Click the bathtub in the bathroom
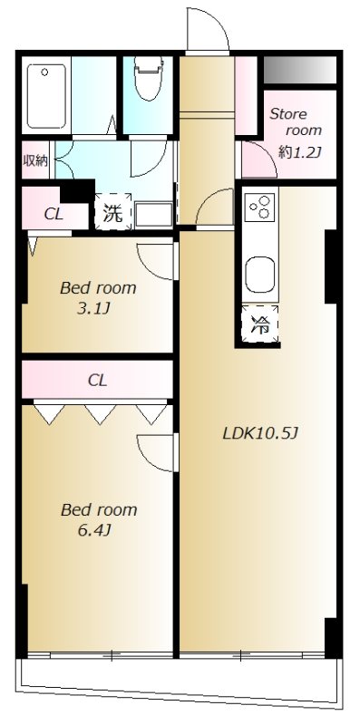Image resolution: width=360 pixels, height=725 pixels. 46,96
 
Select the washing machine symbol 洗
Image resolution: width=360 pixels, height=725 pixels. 113,212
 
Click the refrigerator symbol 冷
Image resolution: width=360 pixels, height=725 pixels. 260,324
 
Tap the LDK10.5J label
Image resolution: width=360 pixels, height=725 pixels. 261,433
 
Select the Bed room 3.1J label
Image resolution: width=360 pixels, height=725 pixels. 98,298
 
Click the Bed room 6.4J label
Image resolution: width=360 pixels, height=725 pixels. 99,519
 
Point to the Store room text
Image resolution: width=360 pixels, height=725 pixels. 296,121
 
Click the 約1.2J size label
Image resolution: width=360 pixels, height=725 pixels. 300,151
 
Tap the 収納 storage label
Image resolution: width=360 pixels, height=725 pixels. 35,160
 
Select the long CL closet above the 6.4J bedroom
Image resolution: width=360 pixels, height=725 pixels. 97,380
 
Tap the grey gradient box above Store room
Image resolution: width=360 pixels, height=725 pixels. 300,70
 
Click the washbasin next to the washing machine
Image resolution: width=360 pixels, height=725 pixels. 153,214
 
